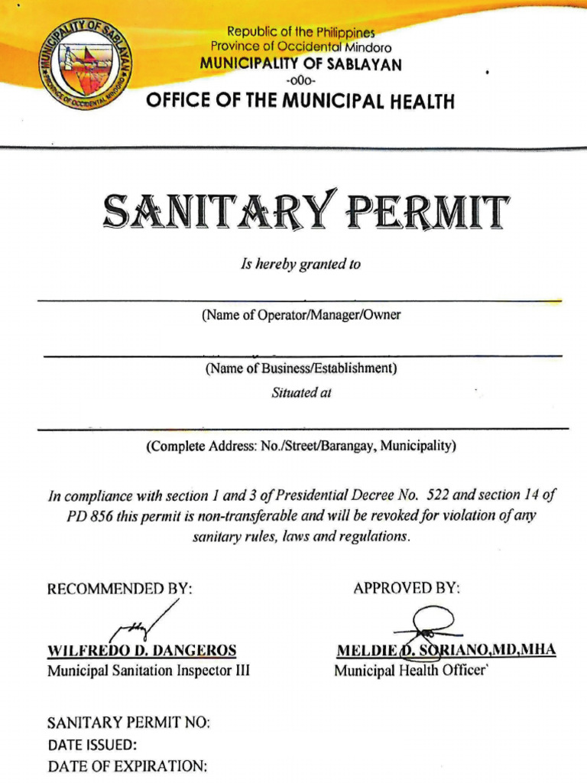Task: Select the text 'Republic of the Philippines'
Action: coord(300,33)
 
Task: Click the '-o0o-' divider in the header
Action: coord(300,81)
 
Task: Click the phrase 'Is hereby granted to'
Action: coord(300,265)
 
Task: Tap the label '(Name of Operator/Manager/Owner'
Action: coord(301,315)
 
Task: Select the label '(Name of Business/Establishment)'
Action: coord(300,369)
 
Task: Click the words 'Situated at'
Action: coord(301,393)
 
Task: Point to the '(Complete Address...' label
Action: coord(301,446)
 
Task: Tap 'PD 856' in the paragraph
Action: coord(90,515)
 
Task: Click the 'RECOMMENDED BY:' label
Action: coord(121,589)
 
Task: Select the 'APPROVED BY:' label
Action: coord(407,588)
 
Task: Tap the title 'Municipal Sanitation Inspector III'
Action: coord(148,671)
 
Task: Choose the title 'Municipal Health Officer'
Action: coord(410,671)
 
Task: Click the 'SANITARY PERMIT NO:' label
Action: coord(128,723)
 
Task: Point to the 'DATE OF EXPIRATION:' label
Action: coord(127,766)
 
